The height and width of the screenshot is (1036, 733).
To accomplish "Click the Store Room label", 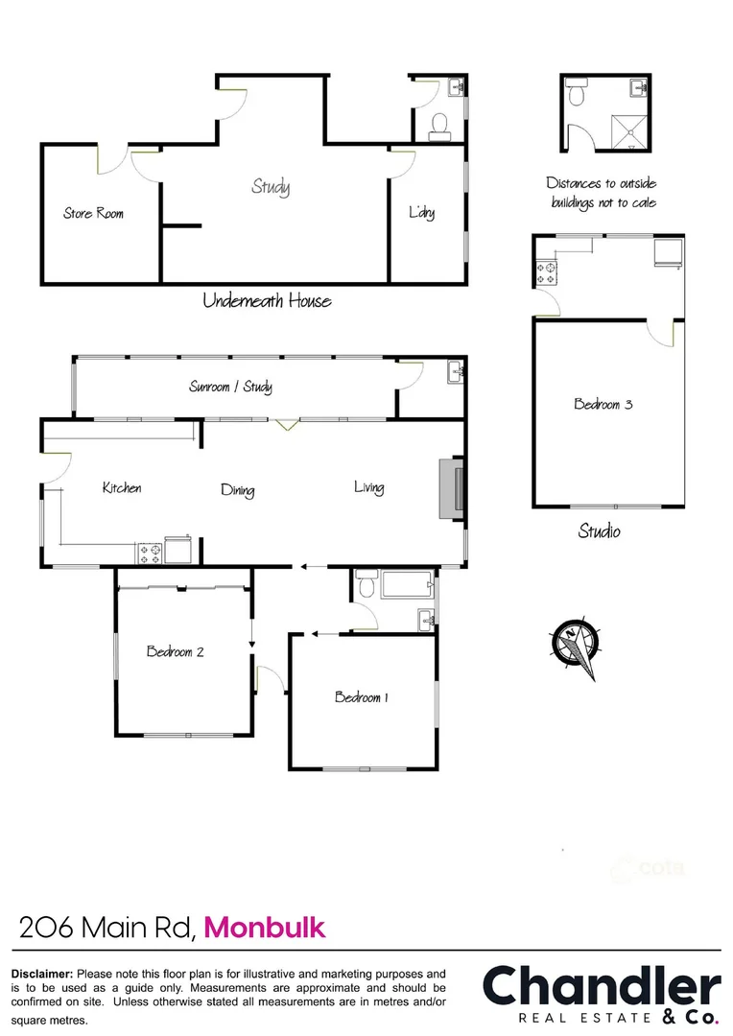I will tap(93, 213).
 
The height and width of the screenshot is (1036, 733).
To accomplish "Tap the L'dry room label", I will tap(422, 212).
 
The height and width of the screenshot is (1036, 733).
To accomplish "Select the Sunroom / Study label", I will tap(230, 387).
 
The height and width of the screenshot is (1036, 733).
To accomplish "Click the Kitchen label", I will tap(122, 488).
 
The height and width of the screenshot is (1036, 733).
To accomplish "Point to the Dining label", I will tap(237, 490).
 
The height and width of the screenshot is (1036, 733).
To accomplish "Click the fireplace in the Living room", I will tap(452, 489).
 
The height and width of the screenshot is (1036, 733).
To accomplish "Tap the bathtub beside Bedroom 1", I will tap(407, 584).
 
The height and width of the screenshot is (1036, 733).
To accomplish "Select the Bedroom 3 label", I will tap(603, 404).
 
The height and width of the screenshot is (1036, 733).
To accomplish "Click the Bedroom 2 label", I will tap(175, 652).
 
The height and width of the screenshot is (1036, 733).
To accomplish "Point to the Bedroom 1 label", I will tap(361, 697).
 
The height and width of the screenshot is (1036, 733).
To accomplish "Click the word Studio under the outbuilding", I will tap(599, 530).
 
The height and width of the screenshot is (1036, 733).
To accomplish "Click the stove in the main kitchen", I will tap(150, 553).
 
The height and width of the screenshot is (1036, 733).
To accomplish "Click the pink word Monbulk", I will tap(265, 928).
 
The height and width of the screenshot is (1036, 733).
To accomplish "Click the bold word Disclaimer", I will tap(41, 973).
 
